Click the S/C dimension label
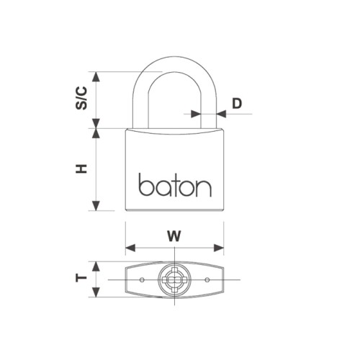point(82,98)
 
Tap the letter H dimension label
point(82,168)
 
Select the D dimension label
point(237,103)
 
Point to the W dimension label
point(174,235)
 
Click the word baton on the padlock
point(175,186)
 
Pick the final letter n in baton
point(204,188)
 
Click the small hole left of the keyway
point(143,279)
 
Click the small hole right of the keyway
point(206,279)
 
